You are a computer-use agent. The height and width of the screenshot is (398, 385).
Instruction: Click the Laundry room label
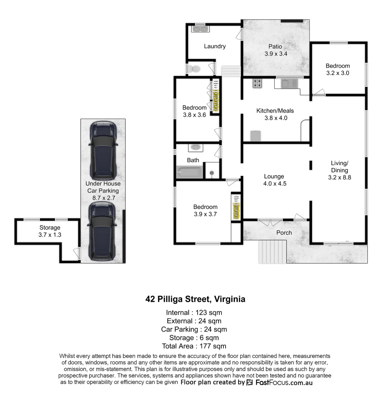coord(215,46)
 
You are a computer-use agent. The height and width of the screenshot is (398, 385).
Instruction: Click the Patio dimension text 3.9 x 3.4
coord(276,54)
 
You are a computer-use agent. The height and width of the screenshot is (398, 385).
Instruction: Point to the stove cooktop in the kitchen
coord(257,84)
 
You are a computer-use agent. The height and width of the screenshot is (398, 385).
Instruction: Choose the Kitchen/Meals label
coord(275,111)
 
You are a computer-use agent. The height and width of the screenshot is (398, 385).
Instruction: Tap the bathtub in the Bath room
coord(190,172)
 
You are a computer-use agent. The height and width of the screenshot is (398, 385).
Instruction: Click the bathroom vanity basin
coord(195,147)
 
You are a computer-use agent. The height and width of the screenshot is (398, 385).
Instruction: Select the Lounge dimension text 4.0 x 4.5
coord(274,184)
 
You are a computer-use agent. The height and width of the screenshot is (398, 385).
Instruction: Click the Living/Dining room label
coord(339,167)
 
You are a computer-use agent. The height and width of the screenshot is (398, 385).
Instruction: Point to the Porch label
coord(284,233)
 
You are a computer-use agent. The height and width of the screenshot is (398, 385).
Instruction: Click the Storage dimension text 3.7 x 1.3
coord(50,234)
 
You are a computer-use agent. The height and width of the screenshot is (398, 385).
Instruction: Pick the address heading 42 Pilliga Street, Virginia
coord(195,299)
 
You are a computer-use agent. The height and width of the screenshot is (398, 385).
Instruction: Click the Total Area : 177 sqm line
coord(194,346)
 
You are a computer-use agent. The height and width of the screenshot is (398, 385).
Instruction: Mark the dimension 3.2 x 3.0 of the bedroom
coord(338,73)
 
